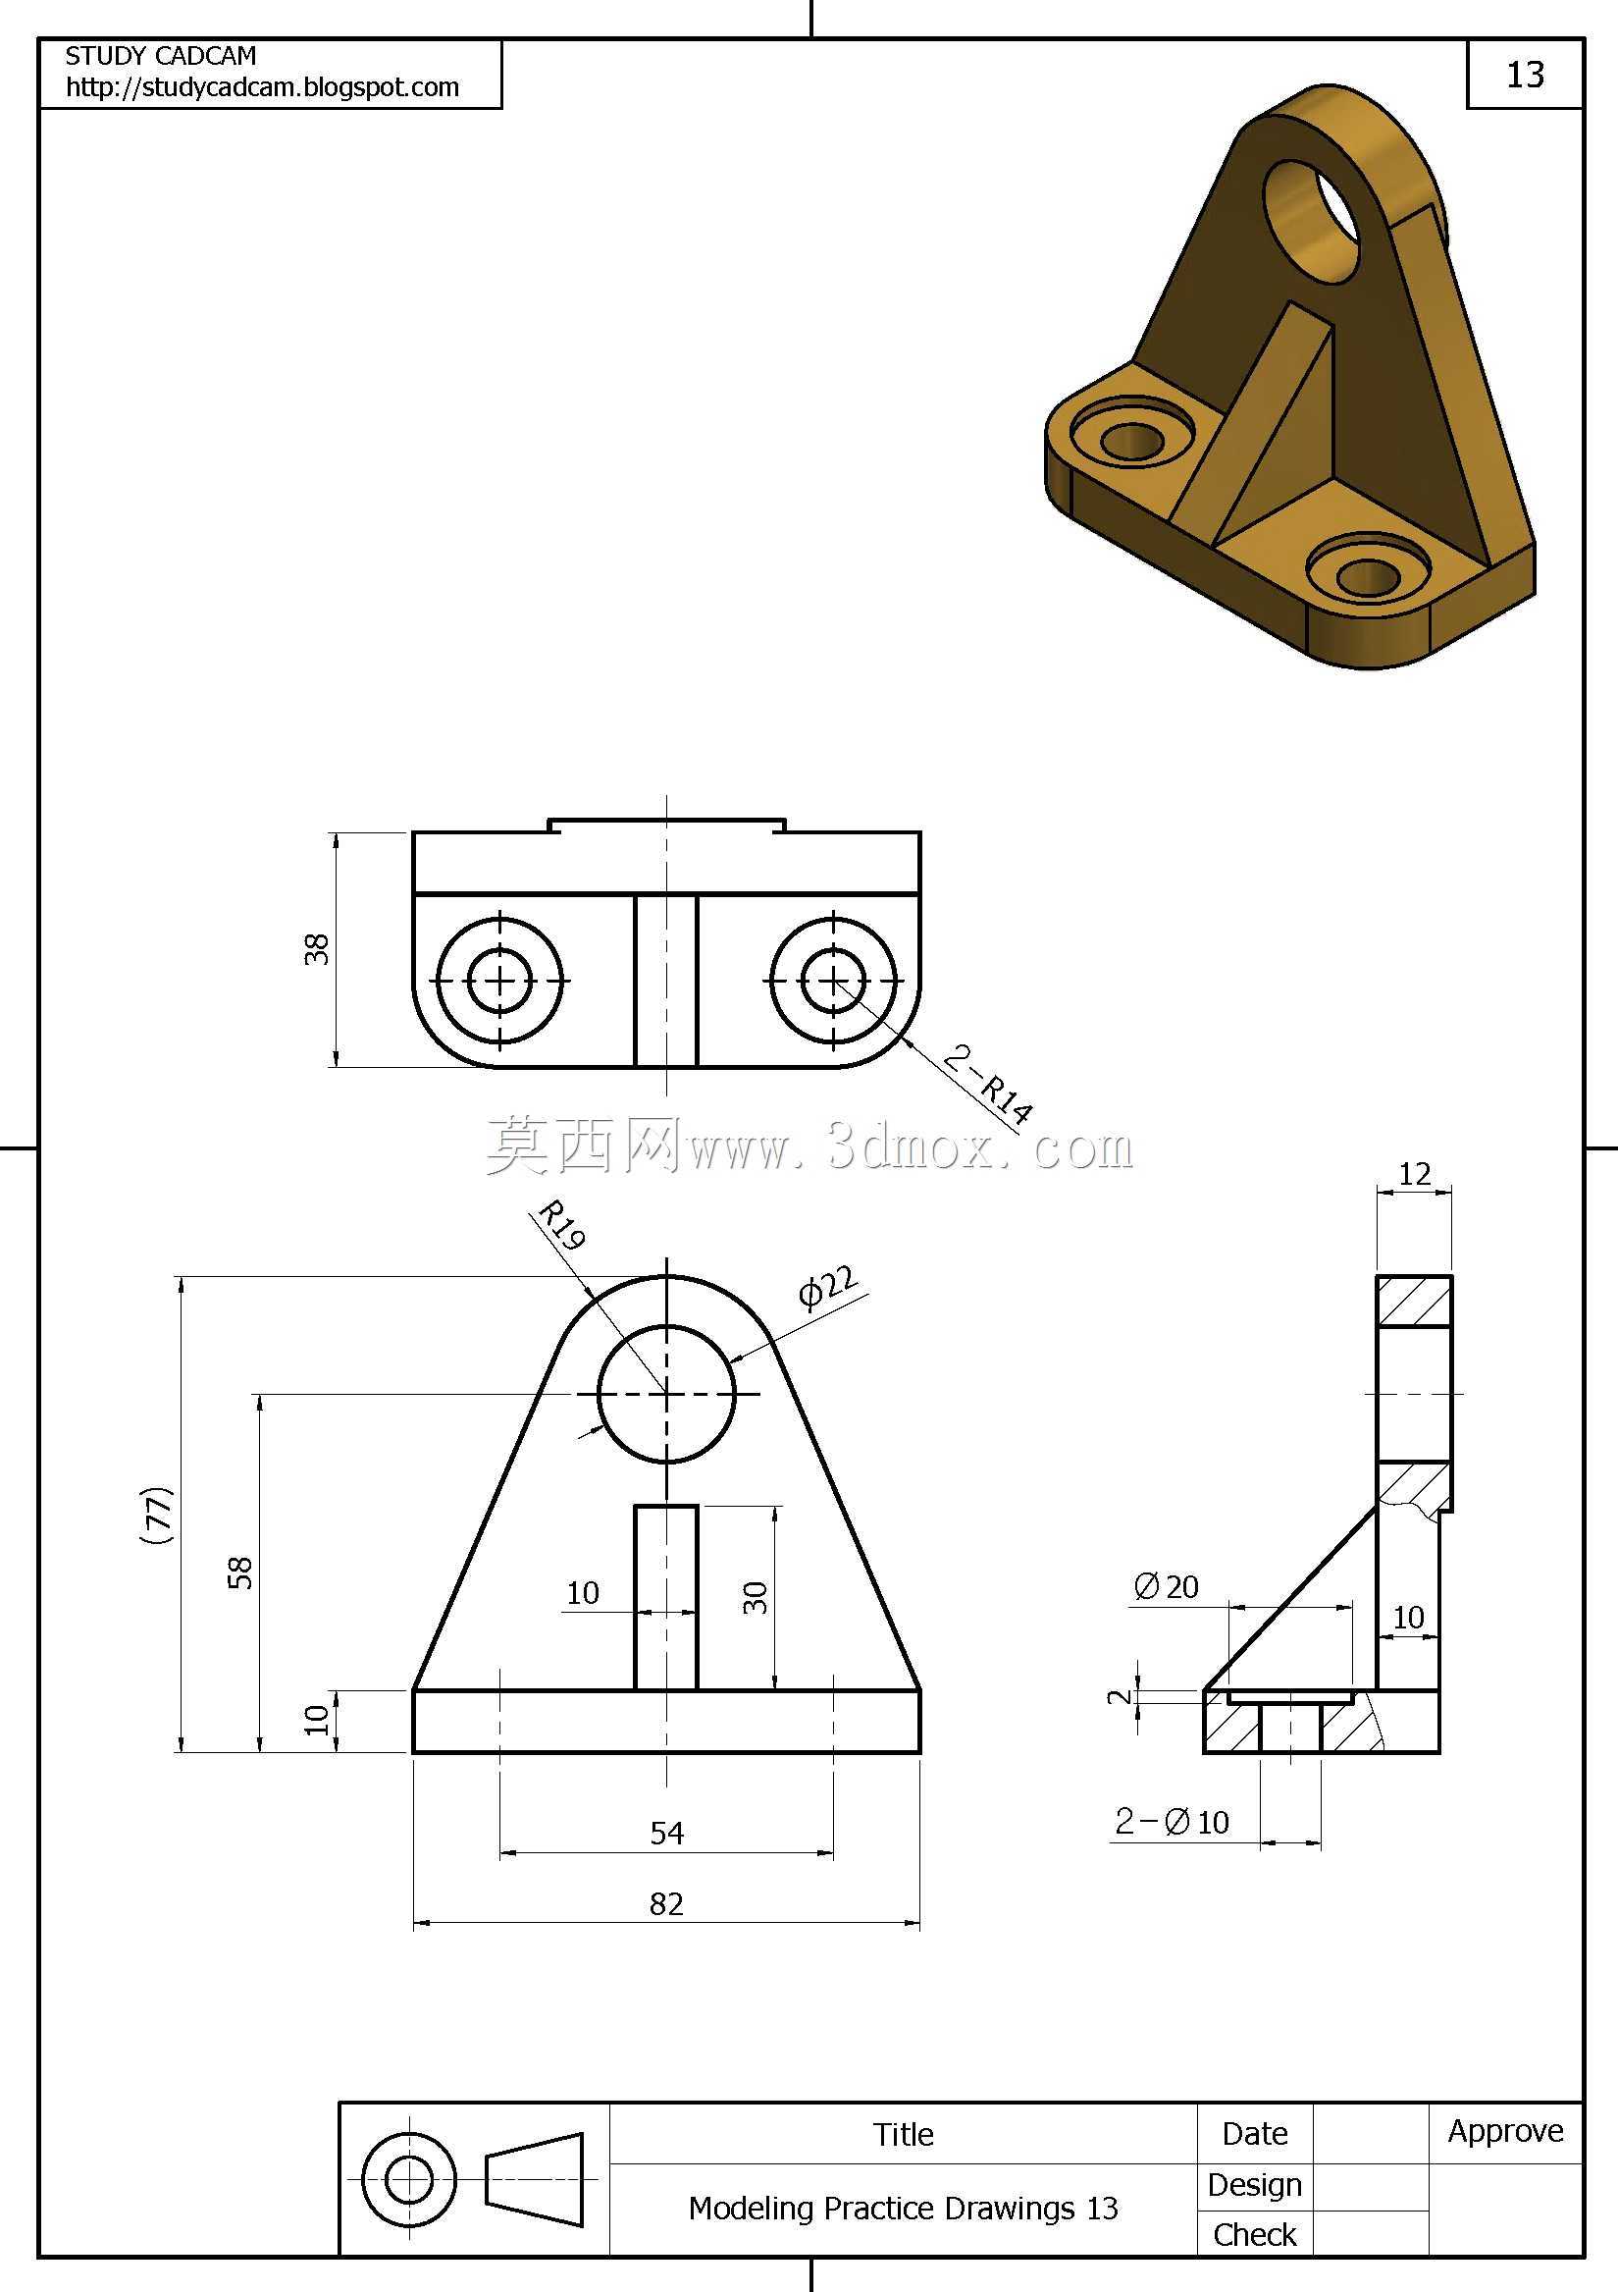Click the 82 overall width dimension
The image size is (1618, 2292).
667,1903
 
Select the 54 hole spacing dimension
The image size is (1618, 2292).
667,1833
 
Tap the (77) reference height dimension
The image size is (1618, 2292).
158,1516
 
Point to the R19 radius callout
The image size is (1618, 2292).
562,1226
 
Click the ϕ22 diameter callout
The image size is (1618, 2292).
828,1287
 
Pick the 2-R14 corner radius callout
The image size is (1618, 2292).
988,1085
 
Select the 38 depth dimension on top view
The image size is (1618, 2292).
316,949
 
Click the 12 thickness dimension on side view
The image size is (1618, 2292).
1414,1174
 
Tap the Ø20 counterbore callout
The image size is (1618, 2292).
1166,1587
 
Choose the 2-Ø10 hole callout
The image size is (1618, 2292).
1172,1823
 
